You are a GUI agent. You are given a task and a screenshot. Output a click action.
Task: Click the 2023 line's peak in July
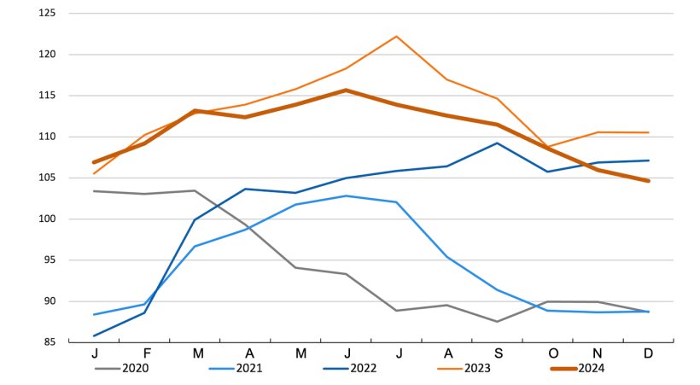[396, 36]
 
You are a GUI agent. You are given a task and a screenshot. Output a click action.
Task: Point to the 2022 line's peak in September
[498, 143]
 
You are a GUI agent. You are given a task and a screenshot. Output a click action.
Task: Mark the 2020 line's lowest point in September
[498, 322]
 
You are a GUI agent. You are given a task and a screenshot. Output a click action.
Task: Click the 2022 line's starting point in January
[94, 335]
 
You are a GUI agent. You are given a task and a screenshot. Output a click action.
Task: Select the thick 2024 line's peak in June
[346, 90]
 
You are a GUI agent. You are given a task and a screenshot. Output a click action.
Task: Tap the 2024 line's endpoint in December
[649, 181]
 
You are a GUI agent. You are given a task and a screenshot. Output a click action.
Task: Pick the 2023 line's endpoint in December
[649, 132]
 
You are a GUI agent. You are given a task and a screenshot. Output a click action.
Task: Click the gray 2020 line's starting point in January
[94, 191]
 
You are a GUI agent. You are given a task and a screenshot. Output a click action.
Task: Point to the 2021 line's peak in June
[346, 195]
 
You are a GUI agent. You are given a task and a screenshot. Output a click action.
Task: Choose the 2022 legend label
[363, 369]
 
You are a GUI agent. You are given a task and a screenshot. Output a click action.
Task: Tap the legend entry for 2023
[477, 369]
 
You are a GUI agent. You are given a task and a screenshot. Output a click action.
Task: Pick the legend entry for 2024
[591, 369]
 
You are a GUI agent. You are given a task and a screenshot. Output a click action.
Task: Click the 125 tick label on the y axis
[46, 14]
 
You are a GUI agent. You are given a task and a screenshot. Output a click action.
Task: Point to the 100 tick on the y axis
[46, 219]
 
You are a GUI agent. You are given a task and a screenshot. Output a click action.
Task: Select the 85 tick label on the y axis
[48, 342]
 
